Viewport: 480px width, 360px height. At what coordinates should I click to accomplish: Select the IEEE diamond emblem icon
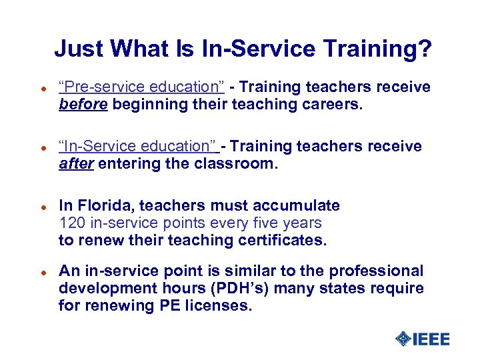(403, 339)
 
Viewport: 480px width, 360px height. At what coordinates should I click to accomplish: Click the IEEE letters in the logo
(431, 339)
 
